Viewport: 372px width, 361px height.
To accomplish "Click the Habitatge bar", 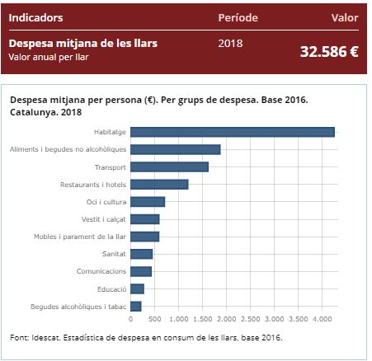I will point(232,132).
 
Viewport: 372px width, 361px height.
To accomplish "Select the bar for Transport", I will point(169,166).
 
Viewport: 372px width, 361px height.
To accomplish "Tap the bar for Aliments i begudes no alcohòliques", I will point(175,149).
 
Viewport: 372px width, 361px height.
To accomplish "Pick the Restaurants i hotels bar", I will point(159,184).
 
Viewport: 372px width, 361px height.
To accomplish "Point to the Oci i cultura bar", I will point(148,202).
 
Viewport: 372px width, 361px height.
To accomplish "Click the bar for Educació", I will point(137,288).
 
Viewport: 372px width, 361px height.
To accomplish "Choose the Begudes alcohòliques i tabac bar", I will point(136,307).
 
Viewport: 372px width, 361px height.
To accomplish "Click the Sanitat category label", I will point(114,254).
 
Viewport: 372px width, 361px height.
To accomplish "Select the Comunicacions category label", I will point(102,271).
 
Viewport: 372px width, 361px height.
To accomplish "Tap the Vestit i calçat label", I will point(104,219).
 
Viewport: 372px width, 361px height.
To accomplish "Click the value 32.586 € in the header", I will point(328,51).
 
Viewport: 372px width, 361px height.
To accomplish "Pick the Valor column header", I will point(344,17).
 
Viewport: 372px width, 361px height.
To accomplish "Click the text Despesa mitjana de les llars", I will point(82,43).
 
